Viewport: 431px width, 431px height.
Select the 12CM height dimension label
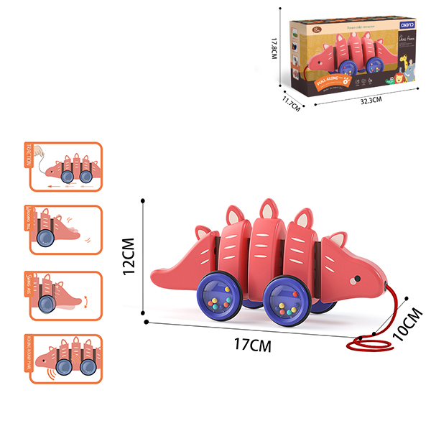click(129, 256)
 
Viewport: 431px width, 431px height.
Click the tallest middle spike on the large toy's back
click(269, 209)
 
